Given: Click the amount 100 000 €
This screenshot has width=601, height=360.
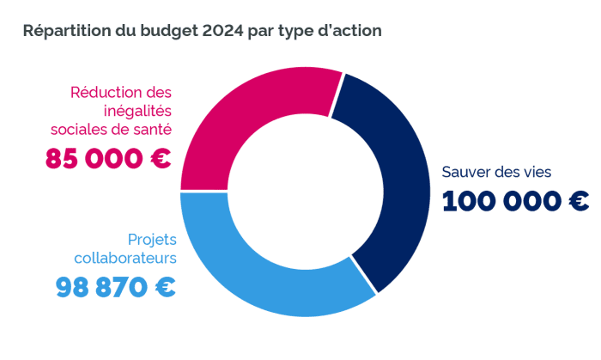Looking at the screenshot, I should tap(515, 201).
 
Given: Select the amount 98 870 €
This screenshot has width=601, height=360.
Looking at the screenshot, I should tap(116, 286).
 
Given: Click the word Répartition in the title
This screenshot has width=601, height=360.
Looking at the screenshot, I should tap(67, 31).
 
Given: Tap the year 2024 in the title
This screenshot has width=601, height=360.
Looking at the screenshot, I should tap(222, 31).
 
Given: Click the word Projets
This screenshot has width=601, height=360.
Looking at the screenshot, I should tap(151, 238).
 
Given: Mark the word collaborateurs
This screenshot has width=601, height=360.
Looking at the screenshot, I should tap(124, 257).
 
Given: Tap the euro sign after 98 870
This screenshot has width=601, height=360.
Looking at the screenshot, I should tap(164, 286).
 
